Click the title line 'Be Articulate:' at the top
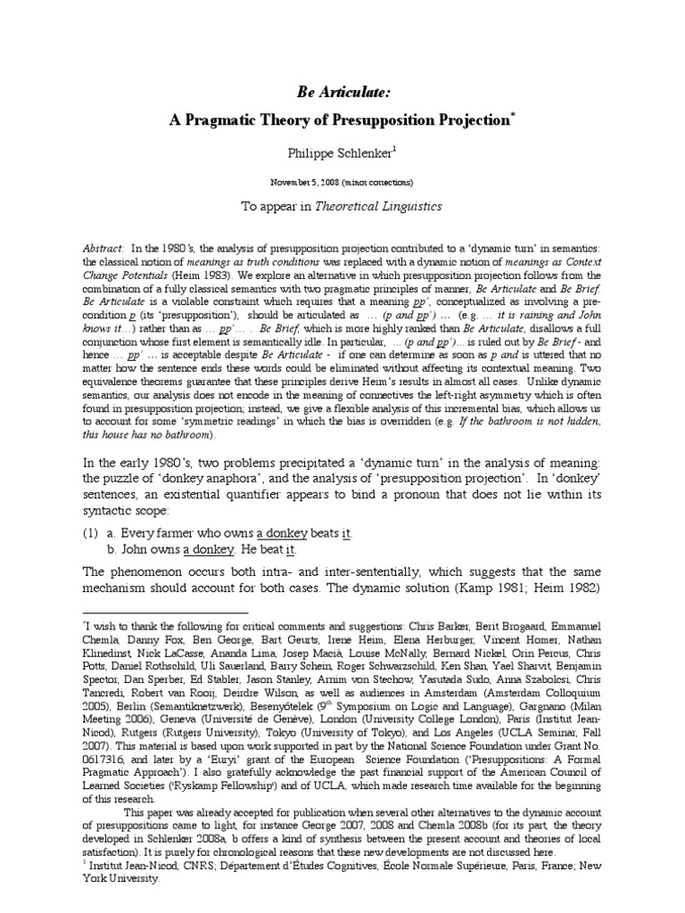tap(342, 91)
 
